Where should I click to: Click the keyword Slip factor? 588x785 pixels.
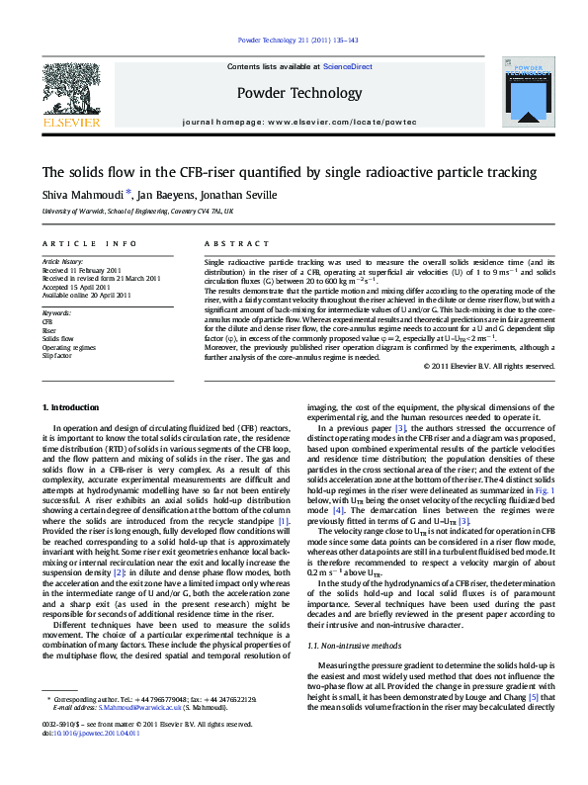coord(57,354)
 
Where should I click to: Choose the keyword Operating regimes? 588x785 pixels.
coord(69,346)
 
